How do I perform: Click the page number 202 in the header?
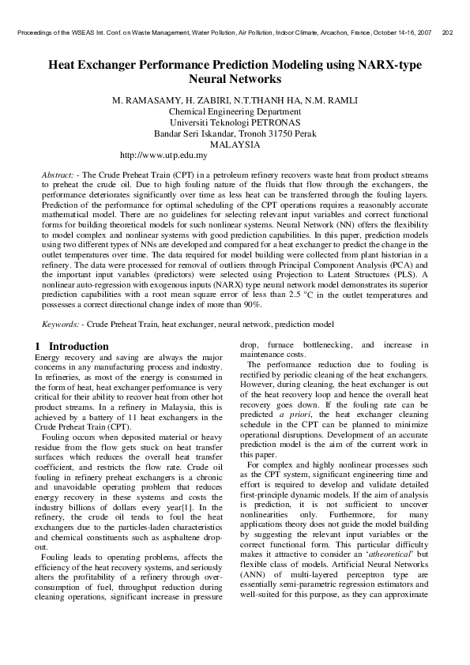(448, 33)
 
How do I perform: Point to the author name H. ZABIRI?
(207, 101)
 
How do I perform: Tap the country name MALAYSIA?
(235, 145)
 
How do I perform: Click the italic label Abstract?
(59, 173)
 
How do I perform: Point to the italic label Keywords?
(61, 325)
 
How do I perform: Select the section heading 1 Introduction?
(73, 346)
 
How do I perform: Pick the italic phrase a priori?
(294, 413)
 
